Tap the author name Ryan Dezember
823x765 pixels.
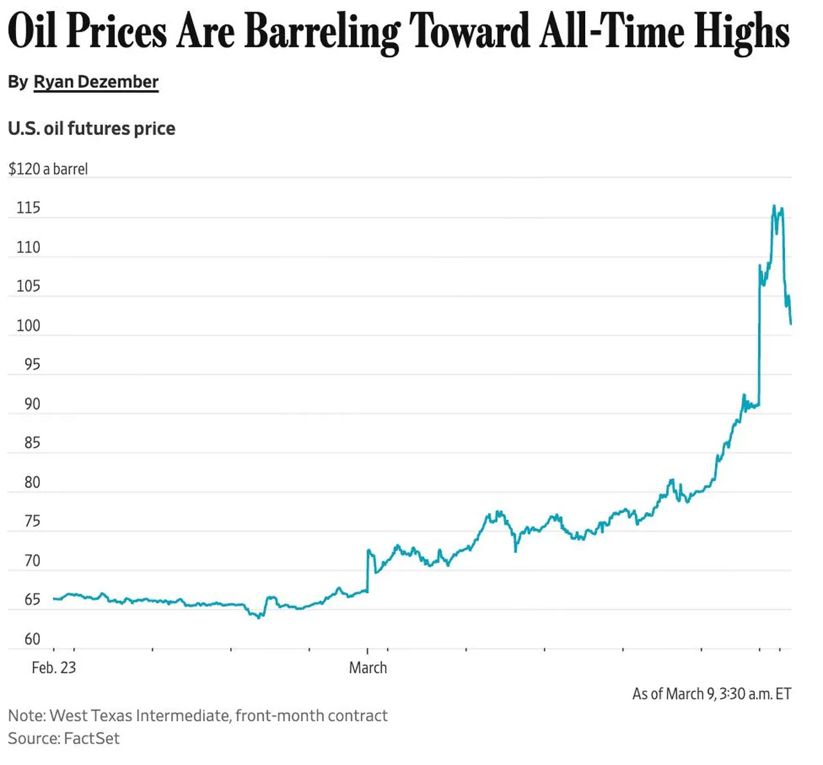pyautogui.click(x=96, y=82)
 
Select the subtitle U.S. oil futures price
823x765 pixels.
pyautogui.click(x=91, y=129)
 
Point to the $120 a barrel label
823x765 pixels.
pyautogui.click(x=48, y=169)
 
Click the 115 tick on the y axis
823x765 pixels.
pyautogui.click(x=28, y=208)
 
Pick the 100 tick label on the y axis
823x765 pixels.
pyautogui.click(x=28, y=325)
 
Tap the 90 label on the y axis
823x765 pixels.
pyautogui.click(x=32, y=404)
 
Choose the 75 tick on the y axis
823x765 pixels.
pyautogui.click(x=32, y=521)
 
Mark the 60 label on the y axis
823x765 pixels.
pyautogui.click(x=32, y=639)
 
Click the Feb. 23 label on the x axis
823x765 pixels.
pyautogui.click(x=53, y=668)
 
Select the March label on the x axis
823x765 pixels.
pyautogui.click(x=368, y=668)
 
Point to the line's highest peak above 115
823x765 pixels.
pyautogui.click(x=773, y=206)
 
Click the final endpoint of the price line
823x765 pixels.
pyautogui.click(x=791, y=323)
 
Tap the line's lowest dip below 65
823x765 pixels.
pyautogui.click(x=258, y=618)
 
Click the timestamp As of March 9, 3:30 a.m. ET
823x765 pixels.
pyautogui.click(x=711, y=694)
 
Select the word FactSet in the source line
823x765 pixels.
pyautogui.click(x=92, y=738)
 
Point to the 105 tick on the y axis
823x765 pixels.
pyautogui.click(x=28, y=286)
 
